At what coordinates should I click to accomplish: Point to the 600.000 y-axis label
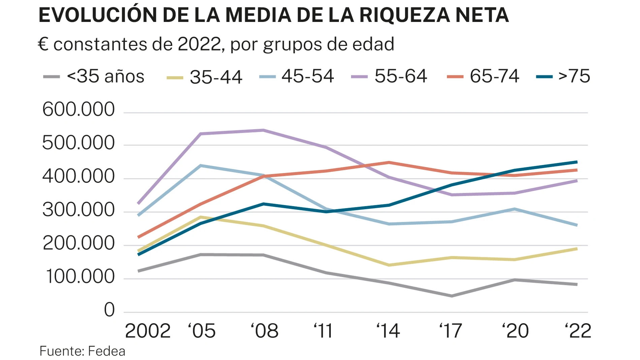coord(78,110)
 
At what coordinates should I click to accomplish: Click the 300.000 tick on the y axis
coord(78,210)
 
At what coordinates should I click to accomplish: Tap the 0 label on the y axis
coord(109,310)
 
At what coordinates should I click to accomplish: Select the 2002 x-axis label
coord(148,331)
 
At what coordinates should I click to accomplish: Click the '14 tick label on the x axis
coord(388,331)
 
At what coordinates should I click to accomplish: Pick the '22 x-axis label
coord(578,331)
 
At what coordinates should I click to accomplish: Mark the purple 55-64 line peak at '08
coord(263,130)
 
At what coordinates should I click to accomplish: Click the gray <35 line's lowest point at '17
coord(451,296)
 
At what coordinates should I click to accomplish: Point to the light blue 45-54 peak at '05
coord(201,165)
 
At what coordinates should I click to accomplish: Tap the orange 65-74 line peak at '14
coord(389,162)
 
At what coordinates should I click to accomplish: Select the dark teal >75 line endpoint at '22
coord(577,162)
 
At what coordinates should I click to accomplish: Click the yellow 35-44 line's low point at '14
coord(389,265)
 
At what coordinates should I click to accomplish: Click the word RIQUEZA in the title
coord(405,15)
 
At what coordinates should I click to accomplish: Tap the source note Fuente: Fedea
coord(82,351)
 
